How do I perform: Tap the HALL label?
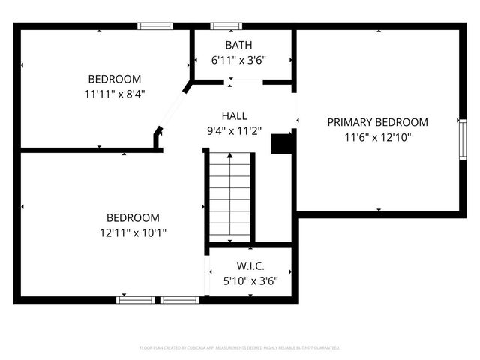[234, 115]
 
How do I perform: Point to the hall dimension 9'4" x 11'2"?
[234, 130]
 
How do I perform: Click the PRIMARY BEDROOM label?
[377, 122]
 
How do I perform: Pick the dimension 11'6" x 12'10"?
[377, 137]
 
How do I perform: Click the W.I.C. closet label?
[250, 266]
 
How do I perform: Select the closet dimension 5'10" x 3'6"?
[250, 281]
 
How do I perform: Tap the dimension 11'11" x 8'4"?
[114, 94]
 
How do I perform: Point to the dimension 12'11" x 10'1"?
[132, 232]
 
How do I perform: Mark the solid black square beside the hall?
[281, 143]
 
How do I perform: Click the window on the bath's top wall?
[226, 26]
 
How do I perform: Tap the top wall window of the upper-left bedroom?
[155, 26]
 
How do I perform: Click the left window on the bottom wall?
[135, 300]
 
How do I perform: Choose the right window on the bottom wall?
[180, 300]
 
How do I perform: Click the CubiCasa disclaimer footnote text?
[240, 348]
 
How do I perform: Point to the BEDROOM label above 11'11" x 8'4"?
[114, 79]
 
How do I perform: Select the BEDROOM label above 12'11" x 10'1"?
[132, 217]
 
